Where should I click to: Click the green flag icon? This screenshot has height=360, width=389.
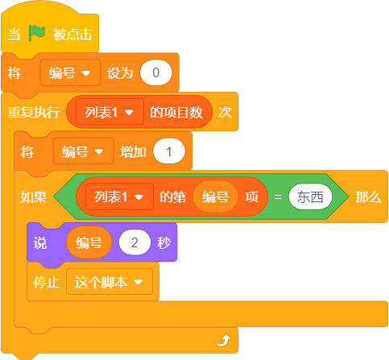37,33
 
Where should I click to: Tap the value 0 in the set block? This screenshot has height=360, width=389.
155,72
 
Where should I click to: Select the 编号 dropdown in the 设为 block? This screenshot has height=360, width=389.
70,72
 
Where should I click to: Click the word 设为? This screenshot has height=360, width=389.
120,73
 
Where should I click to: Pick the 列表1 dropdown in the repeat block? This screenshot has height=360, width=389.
110,112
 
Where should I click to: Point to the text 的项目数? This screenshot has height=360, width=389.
176,112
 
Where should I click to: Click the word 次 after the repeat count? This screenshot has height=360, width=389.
225,112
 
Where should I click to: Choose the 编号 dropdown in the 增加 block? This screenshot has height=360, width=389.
84,151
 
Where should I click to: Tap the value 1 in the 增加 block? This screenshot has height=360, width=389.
169,151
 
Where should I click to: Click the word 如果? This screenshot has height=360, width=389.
34,197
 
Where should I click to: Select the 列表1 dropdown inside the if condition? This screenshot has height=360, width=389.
119,197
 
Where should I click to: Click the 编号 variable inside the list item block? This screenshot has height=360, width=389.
215,197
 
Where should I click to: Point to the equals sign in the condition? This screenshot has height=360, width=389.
278,197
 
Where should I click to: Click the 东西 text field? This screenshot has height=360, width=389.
310,197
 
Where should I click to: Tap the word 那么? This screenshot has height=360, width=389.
368,197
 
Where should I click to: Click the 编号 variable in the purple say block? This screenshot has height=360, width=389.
89,242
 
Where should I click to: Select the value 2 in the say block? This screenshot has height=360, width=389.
134,242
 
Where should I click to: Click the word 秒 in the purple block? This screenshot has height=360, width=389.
163,243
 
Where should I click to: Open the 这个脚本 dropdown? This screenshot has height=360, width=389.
110,282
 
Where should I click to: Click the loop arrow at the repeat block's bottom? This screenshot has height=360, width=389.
223,341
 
